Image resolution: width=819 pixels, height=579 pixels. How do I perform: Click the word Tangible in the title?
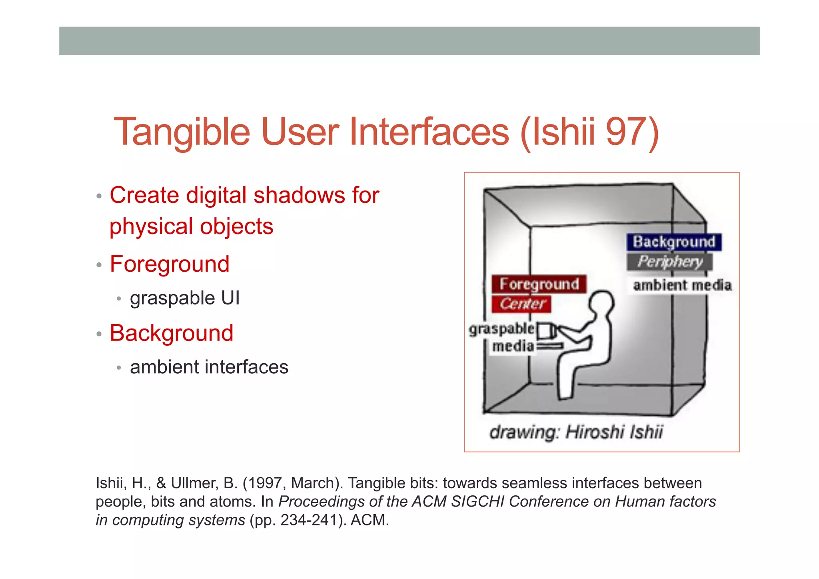tap(182, 132)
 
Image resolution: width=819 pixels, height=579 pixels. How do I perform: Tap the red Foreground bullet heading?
tap(170, 264)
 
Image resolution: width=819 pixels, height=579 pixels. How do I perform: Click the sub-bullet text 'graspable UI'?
tap(185, 298)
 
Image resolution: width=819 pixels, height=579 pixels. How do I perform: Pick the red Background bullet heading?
tap(172, 333)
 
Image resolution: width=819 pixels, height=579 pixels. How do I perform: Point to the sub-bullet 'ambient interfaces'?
tap(209, 367)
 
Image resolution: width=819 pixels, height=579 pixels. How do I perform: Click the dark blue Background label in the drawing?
tap(674, 242)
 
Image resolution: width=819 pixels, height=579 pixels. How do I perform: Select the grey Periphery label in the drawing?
tap(670, 262)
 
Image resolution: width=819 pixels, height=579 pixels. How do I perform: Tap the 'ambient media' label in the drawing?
tap(682, 285)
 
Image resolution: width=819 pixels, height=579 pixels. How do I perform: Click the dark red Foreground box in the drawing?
tap(539, 284)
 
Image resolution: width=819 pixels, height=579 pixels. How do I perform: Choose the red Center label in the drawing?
tap(521, 304)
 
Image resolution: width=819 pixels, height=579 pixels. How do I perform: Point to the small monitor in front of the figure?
tap(544, 331)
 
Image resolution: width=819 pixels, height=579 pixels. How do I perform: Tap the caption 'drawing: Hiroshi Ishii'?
tap(576, 432)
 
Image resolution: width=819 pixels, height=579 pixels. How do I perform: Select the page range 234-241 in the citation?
tap(309, 520)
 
